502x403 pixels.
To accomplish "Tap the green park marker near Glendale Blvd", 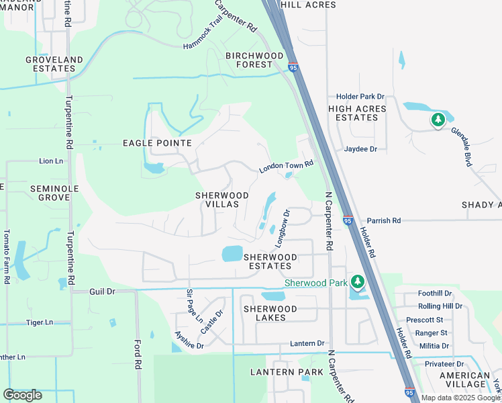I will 438,120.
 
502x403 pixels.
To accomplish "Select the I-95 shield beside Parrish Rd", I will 348,220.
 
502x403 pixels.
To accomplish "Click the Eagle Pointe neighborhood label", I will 157,143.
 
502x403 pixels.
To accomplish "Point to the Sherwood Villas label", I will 222,199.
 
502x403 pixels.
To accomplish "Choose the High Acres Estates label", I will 357,113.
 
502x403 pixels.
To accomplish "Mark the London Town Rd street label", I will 287,166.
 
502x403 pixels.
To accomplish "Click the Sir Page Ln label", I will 194,306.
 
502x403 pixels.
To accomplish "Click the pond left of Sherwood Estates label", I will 232,253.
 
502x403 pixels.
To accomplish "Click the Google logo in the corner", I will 22,395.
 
